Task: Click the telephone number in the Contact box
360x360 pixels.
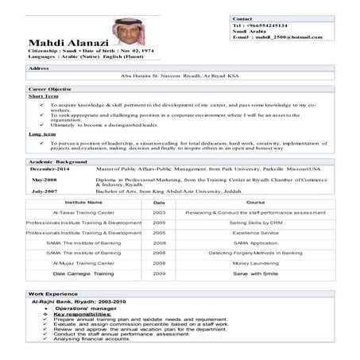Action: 271,26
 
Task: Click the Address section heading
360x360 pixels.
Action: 40,68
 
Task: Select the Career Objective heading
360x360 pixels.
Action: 50,89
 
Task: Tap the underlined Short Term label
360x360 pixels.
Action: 41,97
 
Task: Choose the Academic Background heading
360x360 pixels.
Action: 57,161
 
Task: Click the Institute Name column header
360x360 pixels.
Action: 83,203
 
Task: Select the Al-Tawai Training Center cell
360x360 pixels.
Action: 83,214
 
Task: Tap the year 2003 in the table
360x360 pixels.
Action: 159,214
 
